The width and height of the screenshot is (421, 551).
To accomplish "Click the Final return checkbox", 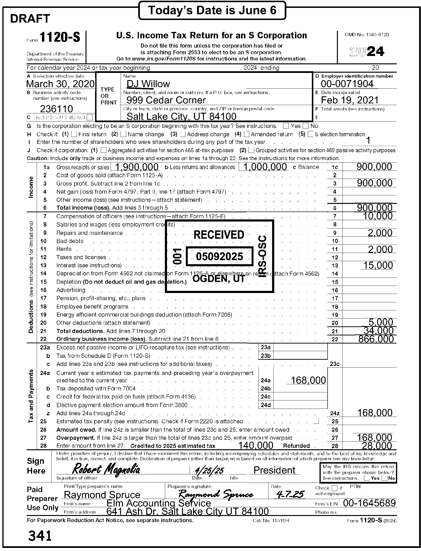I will pos(74,134).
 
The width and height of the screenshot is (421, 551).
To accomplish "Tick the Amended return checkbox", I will pos(247,134).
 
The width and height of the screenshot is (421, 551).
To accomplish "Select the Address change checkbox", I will pos(183,134).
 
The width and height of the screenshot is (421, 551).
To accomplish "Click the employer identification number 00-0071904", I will pos(347,84).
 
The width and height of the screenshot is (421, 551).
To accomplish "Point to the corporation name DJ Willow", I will pos(148,84).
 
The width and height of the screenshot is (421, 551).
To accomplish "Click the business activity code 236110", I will pos(56,109).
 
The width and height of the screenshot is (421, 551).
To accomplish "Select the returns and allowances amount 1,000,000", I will pos(265,167).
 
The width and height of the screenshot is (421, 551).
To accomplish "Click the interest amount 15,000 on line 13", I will pos(378,265).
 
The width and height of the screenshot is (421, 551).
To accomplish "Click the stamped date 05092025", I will pos(219,256).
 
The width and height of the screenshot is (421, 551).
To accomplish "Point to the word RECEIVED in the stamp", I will pos(219,235).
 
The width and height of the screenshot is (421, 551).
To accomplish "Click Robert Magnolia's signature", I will pos(106,469).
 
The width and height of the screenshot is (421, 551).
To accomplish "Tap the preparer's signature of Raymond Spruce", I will pos(216,494).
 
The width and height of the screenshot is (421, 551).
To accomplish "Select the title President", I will pos(274,470).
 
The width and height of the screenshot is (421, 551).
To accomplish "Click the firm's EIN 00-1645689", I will pos(369,503).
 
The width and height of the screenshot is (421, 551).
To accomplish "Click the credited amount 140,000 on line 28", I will pos(256,445).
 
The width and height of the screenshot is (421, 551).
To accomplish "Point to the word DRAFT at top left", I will pos(30,19).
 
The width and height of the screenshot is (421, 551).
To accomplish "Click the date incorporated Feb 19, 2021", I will pos(350,100).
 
